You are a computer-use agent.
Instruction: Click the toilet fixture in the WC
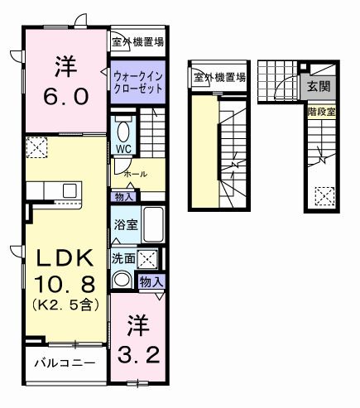123,132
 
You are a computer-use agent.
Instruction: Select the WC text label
123,150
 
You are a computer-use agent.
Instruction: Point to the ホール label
135,175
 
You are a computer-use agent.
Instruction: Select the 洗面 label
124,257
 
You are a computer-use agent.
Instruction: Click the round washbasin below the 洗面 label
122,279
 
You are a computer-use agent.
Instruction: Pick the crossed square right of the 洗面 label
148,257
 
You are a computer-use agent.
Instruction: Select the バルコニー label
65,362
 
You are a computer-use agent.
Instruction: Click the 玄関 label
319,85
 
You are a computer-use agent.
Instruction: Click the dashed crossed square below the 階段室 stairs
324,196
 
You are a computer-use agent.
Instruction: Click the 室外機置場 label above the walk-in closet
137,40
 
